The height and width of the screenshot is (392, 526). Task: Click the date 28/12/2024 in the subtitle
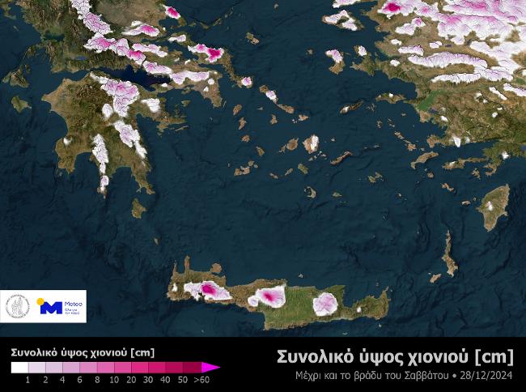(x=487, y=376)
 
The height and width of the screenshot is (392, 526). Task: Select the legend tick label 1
(x=28, y=379)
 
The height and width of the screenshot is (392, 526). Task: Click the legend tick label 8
(x=96, y=379)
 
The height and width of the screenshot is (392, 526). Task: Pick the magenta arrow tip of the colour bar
(x=214, y=367)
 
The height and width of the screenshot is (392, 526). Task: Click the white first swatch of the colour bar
(x=19, y=367)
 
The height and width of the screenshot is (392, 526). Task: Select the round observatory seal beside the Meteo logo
(x=18, y=307)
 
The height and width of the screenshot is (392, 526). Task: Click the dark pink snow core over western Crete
(x=209, y=289)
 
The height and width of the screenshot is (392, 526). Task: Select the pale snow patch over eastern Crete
(x=325, y=303)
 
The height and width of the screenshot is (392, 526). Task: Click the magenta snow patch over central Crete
(x=269, y=297)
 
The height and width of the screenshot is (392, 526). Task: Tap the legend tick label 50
(x=183, y=379)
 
